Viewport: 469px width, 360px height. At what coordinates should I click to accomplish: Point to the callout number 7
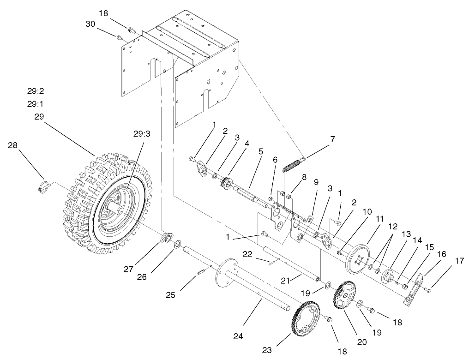[x=332, y=138]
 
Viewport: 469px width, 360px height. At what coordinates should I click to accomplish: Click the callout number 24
[x=238, y=336]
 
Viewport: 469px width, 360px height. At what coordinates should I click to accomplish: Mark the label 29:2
[x=36, y=91]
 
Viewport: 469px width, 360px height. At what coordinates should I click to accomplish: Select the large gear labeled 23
[x=306, y=318]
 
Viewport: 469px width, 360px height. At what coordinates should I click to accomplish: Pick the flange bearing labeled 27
[x=165, y=239]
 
